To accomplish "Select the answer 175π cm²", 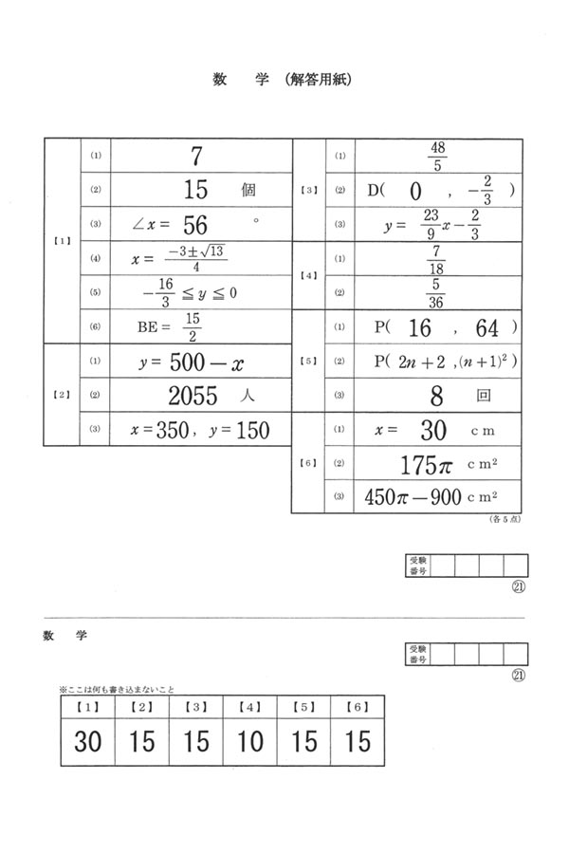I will [x=437, y=464].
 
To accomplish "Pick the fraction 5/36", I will [x=437, y=293].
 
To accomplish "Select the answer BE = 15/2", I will [x=171, y=326].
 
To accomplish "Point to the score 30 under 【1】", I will [x=87, y=741].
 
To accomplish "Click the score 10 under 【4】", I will [x=250, y=741].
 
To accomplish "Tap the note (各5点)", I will [x=502, y=519].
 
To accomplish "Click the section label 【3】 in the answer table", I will [x=308, y=190].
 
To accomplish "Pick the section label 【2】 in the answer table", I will [x=61, y=395].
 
